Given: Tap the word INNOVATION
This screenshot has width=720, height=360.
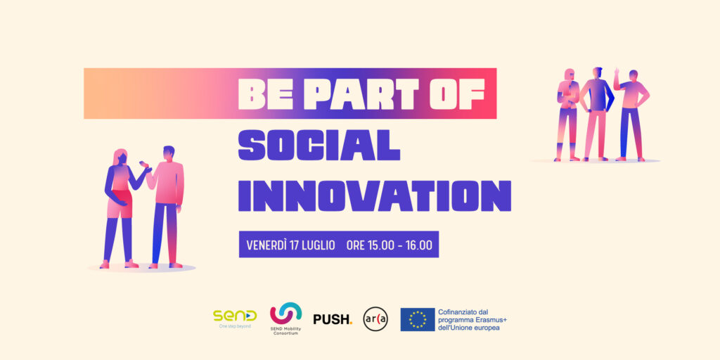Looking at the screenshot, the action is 375,196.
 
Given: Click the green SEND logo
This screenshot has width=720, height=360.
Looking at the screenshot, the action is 235,319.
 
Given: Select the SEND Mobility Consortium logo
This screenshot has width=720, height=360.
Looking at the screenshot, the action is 285,319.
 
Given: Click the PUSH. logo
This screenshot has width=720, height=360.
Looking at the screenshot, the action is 333,319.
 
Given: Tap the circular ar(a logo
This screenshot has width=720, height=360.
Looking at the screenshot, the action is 375,319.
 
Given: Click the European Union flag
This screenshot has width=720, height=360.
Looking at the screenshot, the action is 418,320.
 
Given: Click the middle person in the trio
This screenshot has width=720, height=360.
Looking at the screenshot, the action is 596,114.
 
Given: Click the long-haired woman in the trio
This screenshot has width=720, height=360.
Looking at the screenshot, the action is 567,115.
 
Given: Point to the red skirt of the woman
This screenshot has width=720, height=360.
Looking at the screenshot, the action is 120,203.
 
